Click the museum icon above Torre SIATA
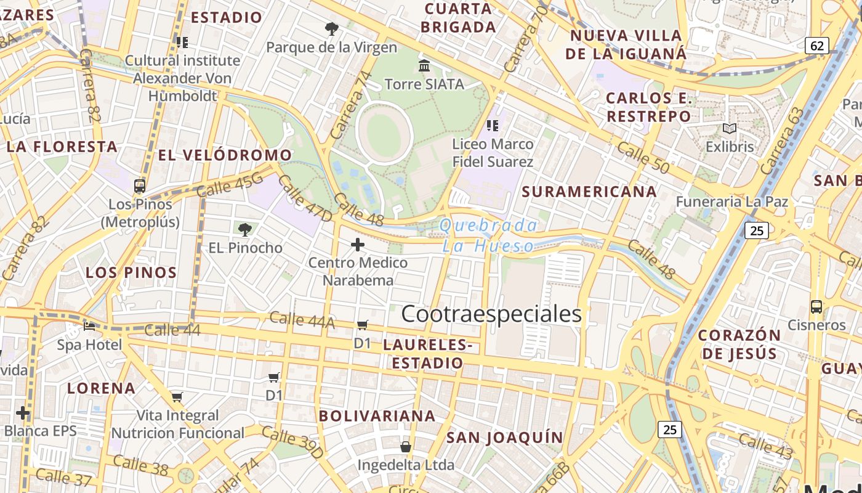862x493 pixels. click(424, 65)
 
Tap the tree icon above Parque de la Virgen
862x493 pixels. click(331, 28)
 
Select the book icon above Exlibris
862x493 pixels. click(730, 128)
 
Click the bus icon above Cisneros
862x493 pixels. click(816, 306)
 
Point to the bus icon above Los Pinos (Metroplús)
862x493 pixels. click(140, 186)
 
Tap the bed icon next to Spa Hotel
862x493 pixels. click(89, 326)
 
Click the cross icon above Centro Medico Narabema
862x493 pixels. click(357, 245)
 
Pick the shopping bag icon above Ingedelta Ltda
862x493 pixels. click(406, 446)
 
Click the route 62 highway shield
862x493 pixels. click(817, 46)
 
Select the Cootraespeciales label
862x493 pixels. click(491, 314)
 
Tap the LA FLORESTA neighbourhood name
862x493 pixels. click(62, 147)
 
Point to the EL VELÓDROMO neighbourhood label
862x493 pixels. click(225, 155)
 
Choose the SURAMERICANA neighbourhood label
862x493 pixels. click(589, 192)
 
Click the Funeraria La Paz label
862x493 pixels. click(731, 202)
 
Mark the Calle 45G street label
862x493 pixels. click(230, 185)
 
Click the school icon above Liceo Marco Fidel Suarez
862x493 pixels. click(492, 126)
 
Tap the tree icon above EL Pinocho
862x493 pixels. click(245, 230)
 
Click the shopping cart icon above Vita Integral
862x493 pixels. click(177, 397)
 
